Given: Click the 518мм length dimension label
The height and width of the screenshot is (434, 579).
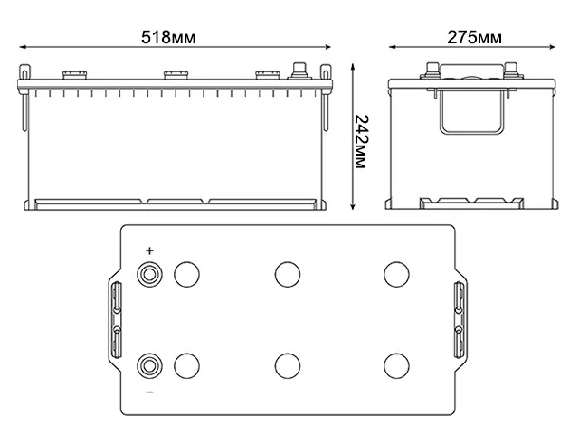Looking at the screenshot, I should pyautogui.click(x=169, y=38).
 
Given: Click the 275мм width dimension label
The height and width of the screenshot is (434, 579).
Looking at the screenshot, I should pyautogui.click(x=474, y=38).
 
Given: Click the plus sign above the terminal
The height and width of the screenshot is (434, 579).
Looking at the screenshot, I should pyautogui.click(x=149, y=251).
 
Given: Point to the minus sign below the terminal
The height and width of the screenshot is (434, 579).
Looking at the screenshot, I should pyautogui.click(x=149, y=392).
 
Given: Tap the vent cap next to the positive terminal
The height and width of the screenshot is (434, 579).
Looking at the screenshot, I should pyautogui.click(x=186, y=274).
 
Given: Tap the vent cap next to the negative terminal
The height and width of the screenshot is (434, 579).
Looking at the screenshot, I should pyautogui.click(x=186, y=365).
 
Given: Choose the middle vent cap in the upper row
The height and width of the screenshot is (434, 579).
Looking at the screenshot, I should pyautogui.click(x=287, y=274).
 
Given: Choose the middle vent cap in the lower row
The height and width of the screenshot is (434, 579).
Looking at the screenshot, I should pyautogui.click(x=287, y=365).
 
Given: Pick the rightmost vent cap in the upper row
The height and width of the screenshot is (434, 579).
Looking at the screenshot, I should pyautogui.click(x=395, y=274).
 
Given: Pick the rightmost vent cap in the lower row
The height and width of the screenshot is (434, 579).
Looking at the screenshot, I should pyautogui.click(x=395, y=365).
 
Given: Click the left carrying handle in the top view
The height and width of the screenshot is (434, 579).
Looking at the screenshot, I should pyautogui.click(x=116, y=320).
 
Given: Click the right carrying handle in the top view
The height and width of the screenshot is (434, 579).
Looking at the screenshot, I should pyautogui.click(x=459, y=320).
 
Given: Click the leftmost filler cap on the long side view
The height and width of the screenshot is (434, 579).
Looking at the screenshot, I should pyautogui.click(x=71, y=75).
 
